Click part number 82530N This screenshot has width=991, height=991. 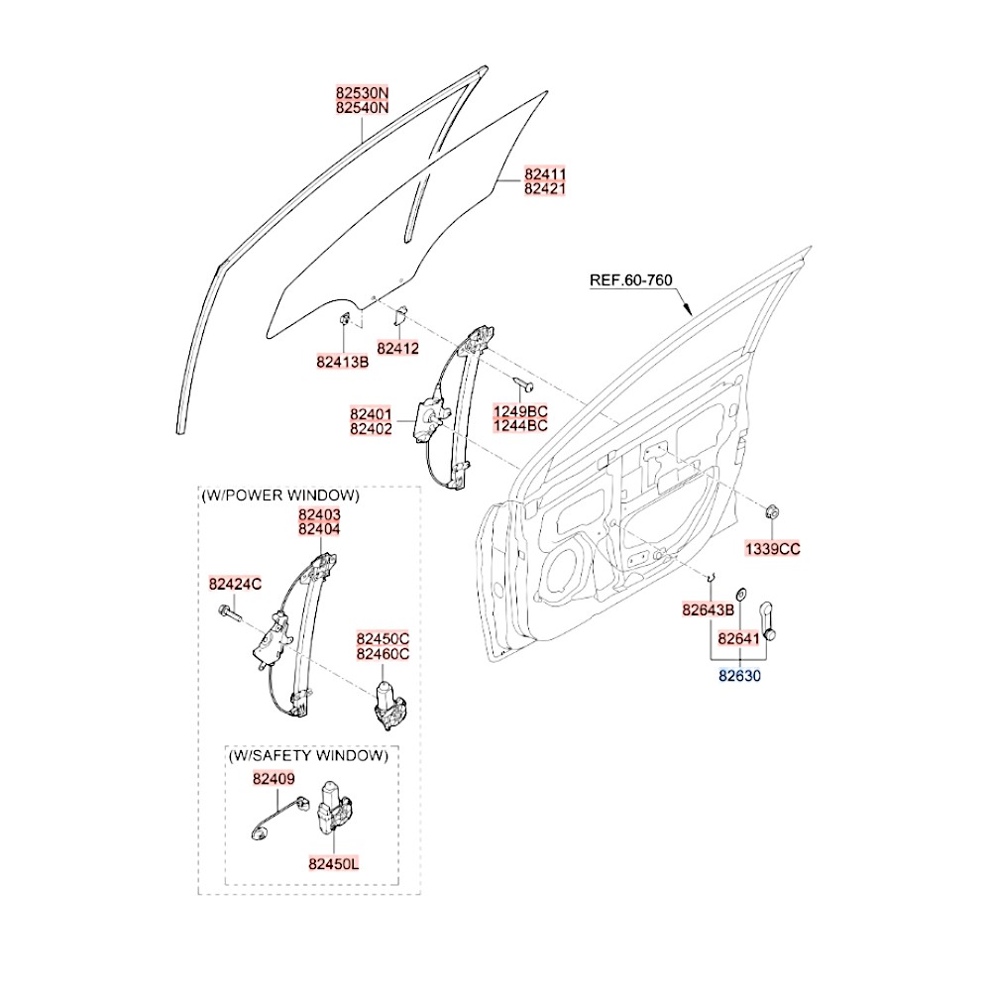click(362, 92)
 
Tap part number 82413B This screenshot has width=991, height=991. click(343, 362)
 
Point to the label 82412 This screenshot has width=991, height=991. click(397, 349)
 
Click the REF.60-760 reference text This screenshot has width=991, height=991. click(631, 280)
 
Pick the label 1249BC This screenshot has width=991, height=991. click(521, 411)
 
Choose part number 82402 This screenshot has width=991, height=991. click(371, 429)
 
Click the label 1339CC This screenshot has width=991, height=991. click(773, 548)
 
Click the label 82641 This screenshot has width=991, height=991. click(738, 639)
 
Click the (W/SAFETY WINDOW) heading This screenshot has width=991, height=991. click(307, 755)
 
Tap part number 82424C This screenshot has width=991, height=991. click(235, 585)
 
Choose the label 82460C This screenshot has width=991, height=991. click(383, 654)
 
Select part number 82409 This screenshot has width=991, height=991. click(274, 780)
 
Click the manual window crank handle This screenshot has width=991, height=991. click(771, 620)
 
